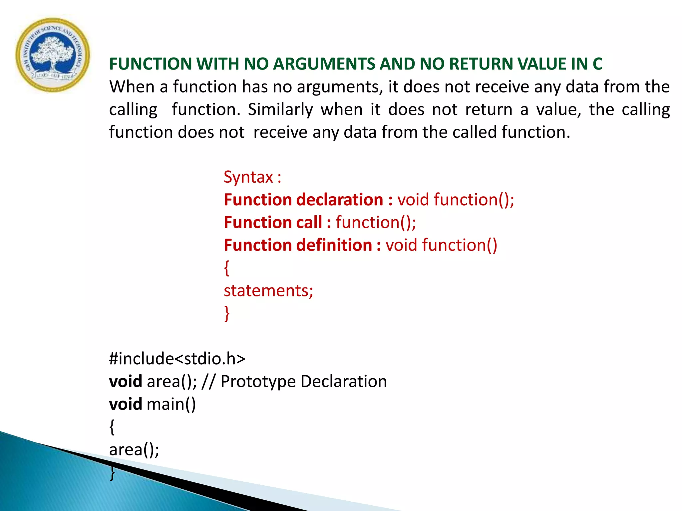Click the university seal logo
(53, 55)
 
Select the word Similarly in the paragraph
(280, 109)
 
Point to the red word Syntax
(248, 177)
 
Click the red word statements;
(268, 290)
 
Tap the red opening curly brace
(227, 268)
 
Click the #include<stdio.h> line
(177, 359)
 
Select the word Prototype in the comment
(258, 381)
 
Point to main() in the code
(171, 404)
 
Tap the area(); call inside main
(134, 449)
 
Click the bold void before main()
(126, 404)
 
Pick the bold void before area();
(126, 381)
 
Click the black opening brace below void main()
(112, 427)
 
